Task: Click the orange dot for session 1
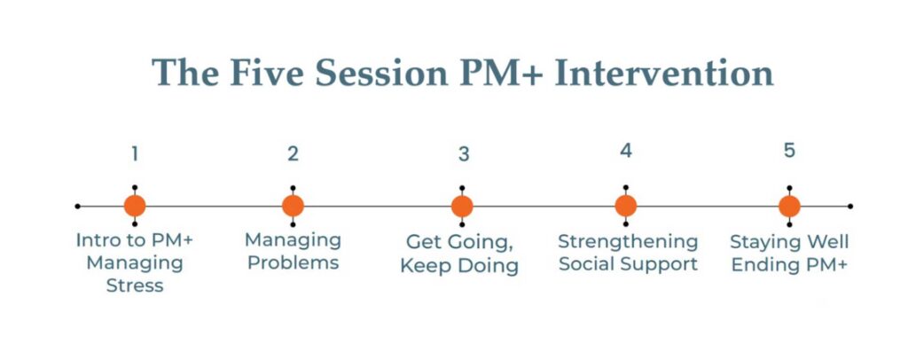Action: coord(135,206)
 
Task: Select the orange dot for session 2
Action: coord(293,206)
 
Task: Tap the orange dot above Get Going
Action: coord(462,206)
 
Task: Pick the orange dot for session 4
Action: coord(626,206)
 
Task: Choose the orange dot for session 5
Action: coord(789,206)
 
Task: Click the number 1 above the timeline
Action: coord(135,153)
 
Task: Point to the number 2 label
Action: coord(293,153)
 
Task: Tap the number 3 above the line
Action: coord(463,154)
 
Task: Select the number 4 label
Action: coord(625,151)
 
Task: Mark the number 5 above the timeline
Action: coord(789,151)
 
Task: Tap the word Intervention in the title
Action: coord(663,74)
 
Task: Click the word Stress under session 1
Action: coord(135,286)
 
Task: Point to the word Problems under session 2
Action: coord(293,262)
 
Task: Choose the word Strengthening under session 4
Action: coord(629,242)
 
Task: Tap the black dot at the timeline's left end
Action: coord(78,206)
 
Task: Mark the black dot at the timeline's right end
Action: coord(850,206)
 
